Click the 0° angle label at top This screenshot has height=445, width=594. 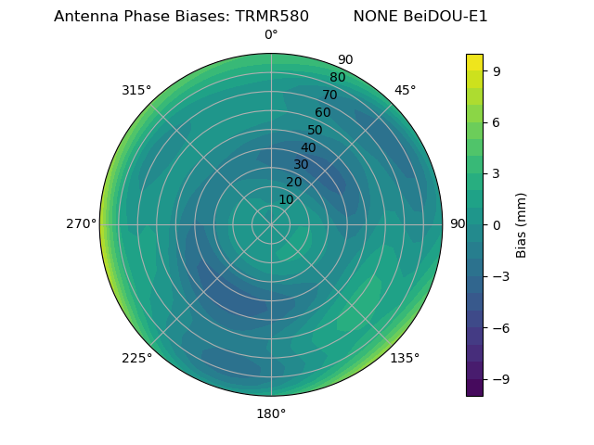tap(271, 35)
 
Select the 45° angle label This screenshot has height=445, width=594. tap(405, 90)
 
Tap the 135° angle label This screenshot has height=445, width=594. tap(405, 358)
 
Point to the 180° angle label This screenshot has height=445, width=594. tap(271, 413)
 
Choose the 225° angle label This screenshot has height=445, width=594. tap(136, 358)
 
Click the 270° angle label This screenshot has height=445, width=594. tap(81, 224)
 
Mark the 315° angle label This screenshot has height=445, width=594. tap(136, 90)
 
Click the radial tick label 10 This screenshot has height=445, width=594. tap(286, 199)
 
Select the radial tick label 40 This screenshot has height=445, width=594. tap(308, 147)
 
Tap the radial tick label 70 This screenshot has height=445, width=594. tap(329, 95)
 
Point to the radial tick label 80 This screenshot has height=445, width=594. tap(337, 78)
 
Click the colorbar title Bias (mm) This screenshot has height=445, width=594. tap(522, 224)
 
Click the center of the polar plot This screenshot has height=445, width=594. tap(271, 224)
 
